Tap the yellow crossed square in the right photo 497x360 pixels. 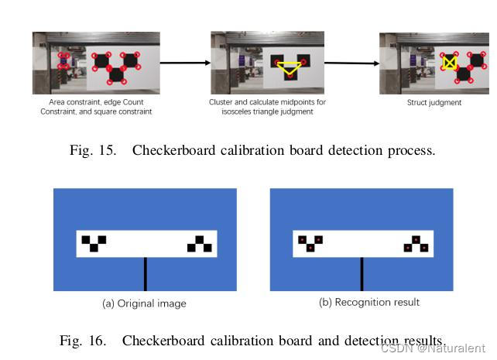tap(449, 62)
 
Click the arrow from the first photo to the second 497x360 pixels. tap(185, 63)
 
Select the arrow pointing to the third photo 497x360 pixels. tap(350, 63)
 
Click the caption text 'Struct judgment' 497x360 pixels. tap(434, 102)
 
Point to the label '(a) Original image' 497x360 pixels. tap(145, 303)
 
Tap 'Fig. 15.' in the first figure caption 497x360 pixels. tap(92, 150)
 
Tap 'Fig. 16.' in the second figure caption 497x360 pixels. tap(82, 340)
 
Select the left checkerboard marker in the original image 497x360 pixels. tap(94, 243)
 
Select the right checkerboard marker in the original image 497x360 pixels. tap(200, 245)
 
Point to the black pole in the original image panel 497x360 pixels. tap(145, 274)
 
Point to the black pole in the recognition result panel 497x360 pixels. tap(362, 274)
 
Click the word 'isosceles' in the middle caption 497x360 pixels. tap(237, 111)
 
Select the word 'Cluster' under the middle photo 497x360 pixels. tap(221, 101)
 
